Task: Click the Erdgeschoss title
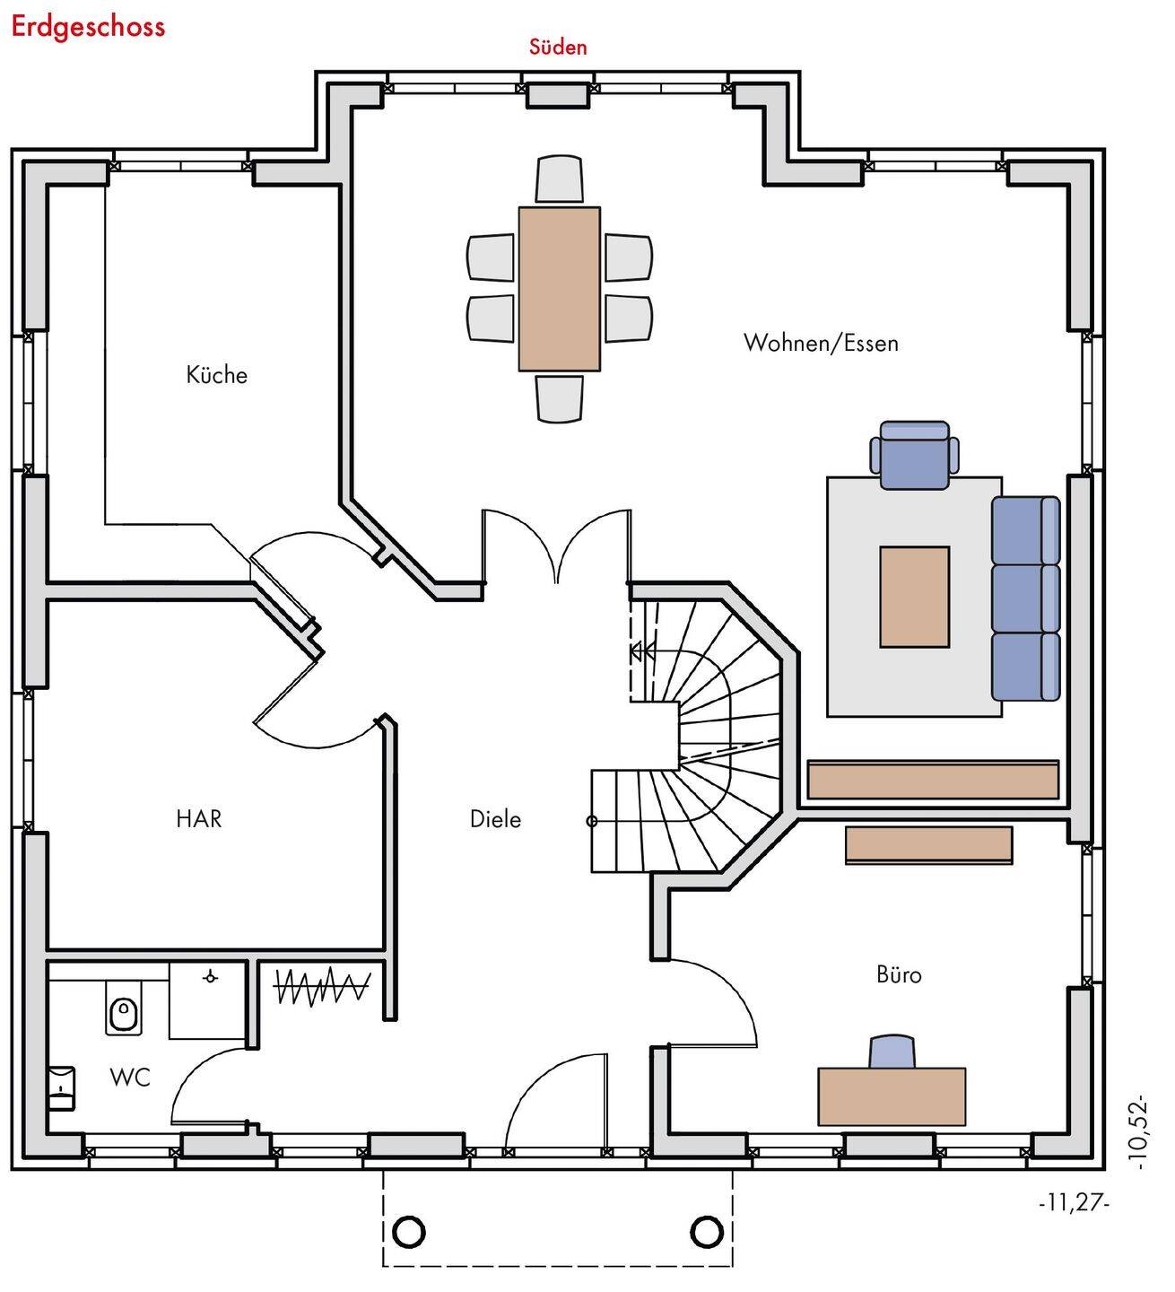coord(88,26)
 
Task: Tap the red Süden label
coord(557,47)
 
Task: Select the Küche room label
coord(216,374)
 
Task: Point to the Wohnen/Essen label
coord(820,343)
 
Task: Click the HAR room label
coord(198,818)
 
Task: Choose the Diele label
coord(495,818)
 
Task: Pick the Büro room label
coord(899,974)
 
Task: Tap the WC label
coord(130,1077)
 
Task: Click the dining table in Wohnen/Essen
coord(559,288)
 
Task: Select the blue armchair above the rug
coord(914,455)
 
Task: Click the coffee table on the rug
coord(914,597)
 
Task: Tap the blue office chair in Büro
coord(892,1052)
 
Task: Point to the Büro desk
coord(892,1096)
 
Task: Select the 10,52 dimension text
coord(1140,1130)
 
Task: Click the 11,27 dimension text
coord(1073,1203)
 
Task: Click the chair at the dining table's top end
coord(560,179)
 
